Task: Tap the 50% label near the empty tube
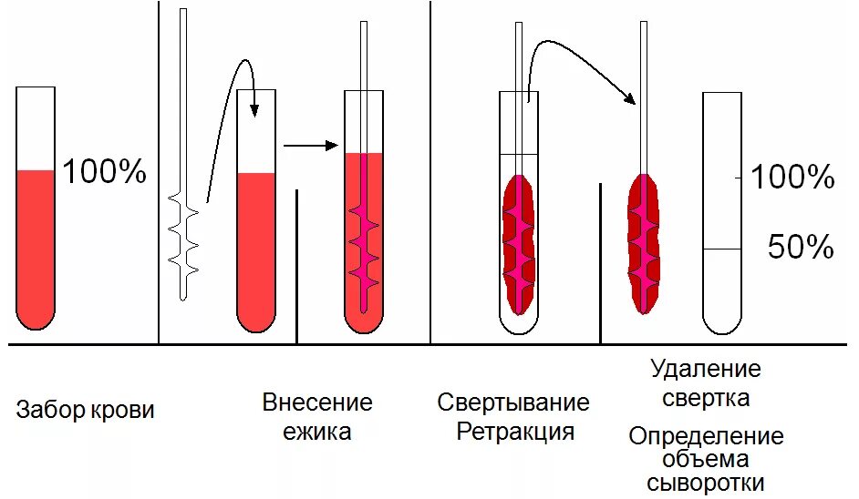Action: [802, 247]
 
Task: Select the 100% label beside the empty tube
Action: [792, 177]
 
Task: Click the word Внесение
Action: [317, 402]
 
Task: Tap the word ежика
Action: [317, 431]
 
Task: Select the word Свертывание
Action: [513, 402]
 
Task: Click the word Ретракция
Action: [516, 431]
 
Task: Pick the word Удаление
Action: [706, 369]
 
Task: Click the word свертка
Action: [706, 398]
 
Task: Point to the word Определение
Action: [706, 435]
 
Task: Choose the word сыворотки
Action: [706, 483]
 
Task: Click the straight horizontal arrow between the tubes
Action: [310, 145]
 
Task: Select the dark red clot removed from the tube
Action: [646, 241]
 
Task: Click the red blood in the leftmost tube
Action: [36, 246]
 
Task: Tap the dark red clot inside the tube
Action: [519, 241]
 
